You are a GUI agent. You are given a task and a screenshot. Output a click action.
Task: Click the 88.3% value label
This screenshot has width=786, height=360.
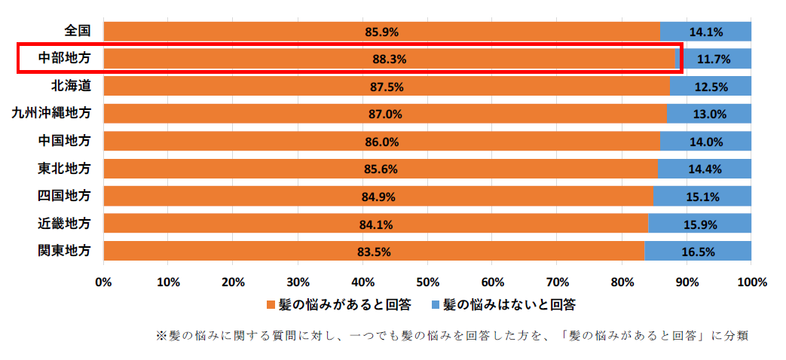tap(390, 59)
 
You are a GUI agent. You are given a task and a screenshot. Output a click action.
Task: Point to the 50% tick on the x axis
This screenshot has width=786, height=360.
tap(427, 282)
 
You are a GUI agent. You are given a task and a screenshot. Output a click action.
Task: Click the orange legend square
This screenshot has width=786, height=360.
tap(272, 305)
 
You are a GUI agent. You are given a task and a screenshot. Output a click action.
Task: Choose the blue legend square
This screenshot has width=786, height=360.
tap(435, 305)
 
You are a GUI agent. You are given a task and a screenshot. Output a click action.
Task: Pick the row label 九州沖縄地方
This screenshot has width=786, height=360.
tap(51, 113)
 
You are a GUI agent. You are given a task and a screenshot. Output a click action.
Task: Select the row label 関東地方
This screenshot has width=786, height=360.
tap(65, 250)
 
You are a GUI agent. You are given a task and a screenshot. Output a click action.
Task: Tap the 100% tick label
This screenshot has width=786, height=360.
tap(751, 282)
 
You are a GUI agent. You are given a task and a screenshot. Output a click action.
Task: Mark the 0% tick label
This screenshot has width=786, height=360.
tap(103, 282)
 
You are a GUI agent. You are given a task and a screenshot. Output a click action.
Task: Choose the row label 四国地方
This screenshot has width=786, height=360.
tap(65, 195)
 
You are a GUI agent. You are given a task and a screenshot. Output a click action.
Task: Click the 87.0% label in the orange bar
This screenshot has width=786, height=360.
tap(386, 114)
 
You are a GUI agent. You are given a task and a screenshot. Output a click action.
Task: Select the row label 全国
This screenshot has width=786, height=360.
tap(78, 31)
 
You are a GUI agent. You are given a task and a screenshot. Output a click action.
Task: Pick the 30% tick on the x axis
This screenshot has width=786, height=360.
tap(298, 282)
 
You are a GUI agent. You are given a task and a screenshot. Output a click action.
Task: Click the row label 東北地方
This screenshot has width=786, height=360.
tap(65, 168)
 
